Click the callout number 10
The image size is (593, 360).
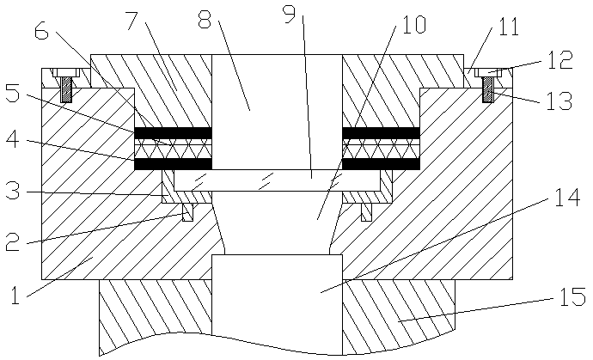[x=412, y=25]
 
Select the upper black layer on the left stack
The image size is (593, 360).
[x=173, y=133]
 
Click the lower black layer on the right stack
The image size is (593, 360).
[x=381, y=163]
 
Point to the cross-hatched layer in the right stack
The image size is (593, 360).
[x=381, y=148]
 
